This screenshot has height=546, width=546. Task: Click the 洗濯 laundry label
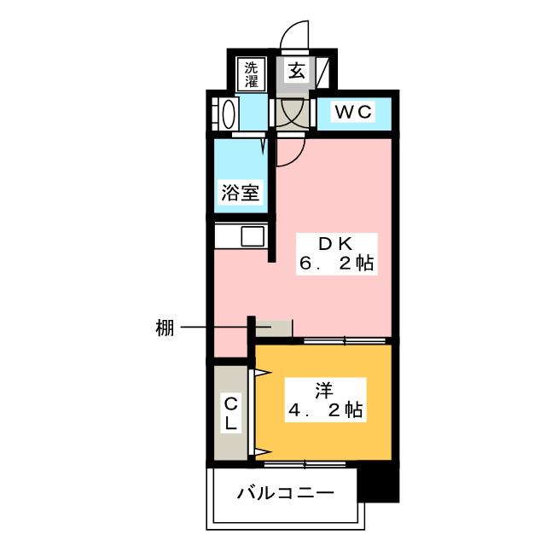click(x=252, y=74)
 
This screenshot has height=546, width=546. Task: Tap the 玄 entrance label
click(x=296, y=72)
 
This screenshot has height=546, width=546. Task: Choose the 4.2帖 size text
click(x=324, y=411)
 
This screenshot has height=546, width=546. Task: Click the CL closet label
click(x=230, y=412)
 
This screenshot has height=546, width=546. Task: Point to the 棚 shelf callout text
click(x=166, y=328)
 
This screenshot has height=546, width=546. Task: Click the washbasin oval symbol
click(x=229, y=114)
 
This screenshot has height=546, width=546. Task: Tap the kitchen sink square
click(x=253, y=235)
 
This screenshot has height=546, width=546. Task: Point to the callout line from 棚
click(x=213, y=328)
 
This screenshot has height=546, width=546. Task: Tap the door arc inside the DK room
click(x=288, y=150)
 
